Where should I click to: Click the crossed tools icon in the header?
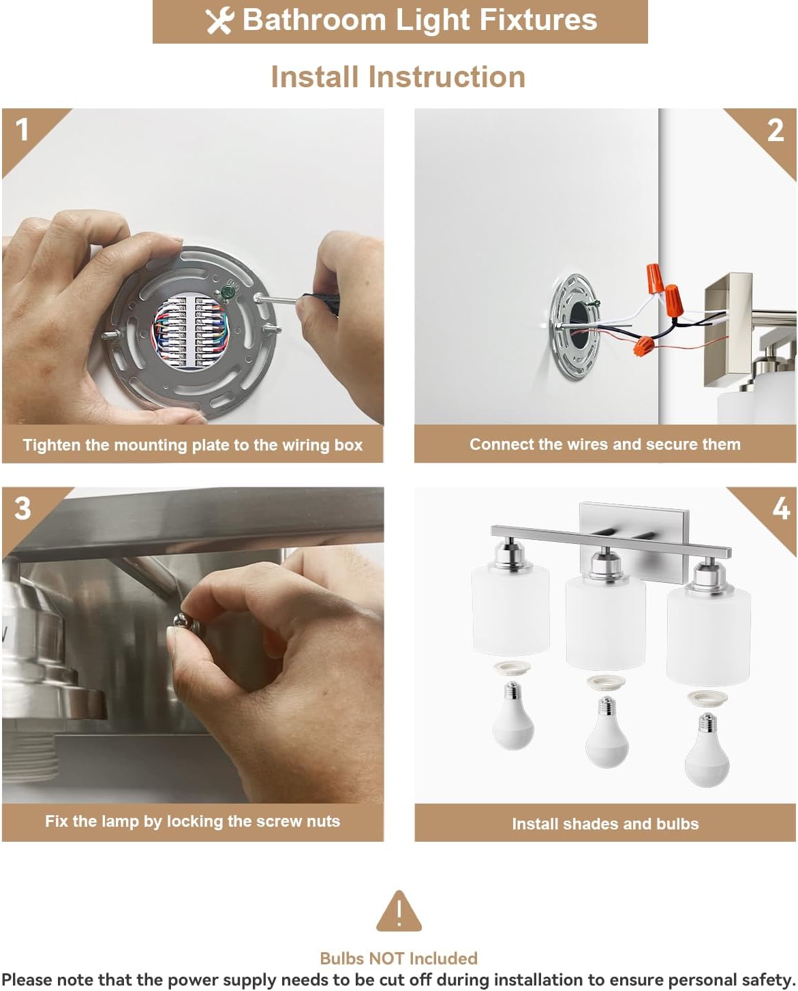coord(219,21)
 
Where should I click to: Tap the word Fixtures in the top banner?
coord(538,20)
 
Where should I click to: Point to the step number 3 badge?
coord(22,508)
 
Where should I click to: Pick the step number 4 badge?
coord(781,509)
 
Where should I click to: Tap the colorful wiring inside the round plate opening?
coord(189,331)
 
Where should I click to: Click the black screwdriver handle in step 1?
coord(320,303)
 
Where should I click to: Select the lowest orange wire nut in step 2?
coord(644,346)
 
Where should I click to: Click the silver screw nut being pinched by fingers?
coord(187,622)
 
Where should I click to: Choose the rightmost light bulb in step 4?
coord(707,749)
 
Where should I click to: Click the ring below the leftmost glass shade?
coord(512,667)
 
